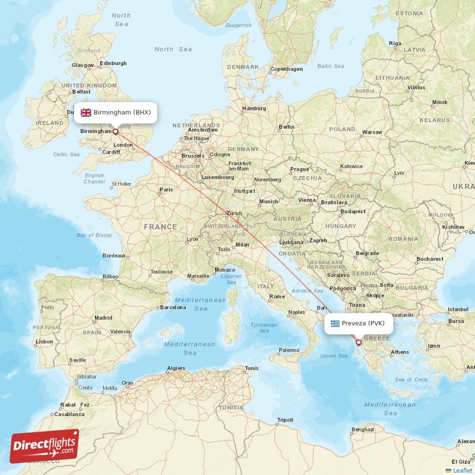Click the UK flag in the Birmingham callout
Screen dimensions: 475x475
tap(86, 112)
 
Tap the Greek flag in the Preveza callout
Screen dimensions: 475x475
tap(335, 324)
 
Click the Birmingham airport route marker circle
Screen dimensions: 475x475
tap(115, 132)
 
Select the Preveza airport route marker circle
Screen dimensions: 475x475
tap(358, 342)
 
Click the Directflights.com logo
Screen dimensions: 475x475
tap(45, 446)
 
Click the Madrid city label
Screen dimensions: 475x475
tap(103, 318)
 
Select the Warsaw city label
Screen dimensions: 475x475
tap(372, 132)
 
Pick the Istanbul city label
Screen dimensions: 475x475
tap(458, 309)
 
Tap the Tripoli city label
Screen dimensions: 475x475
tap(285, 420)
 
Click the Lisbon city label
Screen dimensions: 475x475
tap(45, 341)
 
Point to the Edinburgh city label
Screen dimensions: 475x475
tap(113, 63)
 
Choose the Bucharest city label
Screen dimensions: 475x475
tap(430, 259)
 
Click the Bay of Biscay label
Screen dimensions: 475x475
tap(94, 235)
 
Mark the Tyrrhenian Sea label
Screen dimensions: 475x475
tap(264, 328)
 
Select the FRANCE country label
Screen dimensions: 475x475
tap(160, 227)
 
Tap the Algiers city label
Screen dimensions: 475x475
tap(176, 368)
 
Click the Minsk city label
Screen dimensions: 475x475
tap(439, 102)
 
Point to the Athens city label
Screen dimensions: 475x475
tap(400, 351)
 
